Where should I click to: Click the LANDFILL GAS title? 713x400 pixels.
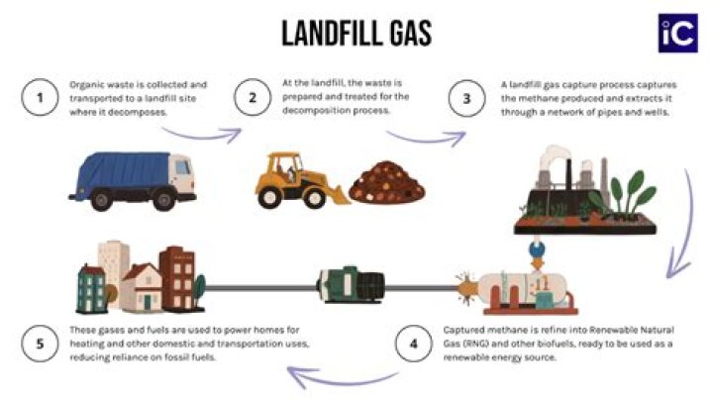[356, 33]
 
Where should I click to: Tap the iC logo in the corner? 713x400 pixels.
[678, 32]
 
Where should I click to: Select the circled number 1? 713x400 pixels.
[40, 98]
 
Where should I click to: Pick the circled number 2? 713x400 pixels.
[253, 98]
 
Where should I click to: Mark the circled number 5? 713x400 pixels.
[40, 344]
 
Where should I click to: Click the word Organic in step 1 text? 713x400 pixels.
[86, 85]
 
